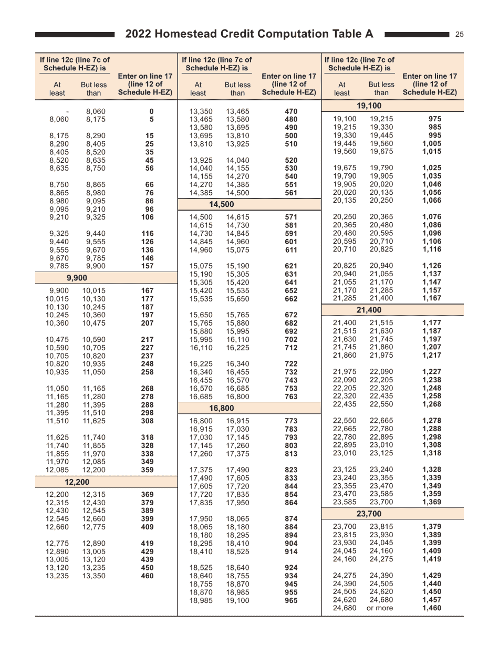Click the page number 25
point(459,35)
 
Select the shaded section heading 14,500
point(222,204)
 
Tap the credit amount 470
point(291,111)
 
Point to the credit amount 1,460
point(432,608)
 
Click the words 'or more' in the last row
point(379,608)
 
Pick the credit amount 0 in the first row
point(151,111)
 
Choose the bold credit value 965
point(291,600)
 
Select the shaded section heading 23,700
point(369,514)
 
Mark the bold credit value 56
point(149,169)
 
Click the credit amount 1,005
point(432,143)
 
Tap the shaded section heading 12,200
point(77,482)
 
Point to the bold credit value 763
point(291,397)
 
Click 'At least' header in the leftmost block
point(57,89)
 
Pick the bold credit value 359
point(148,470)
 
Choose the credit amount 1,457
point(432,600)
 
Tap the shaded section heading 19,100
point(369,106)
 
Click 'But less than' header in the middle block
point(237,89)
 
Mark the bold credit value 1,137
point(432,274)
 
